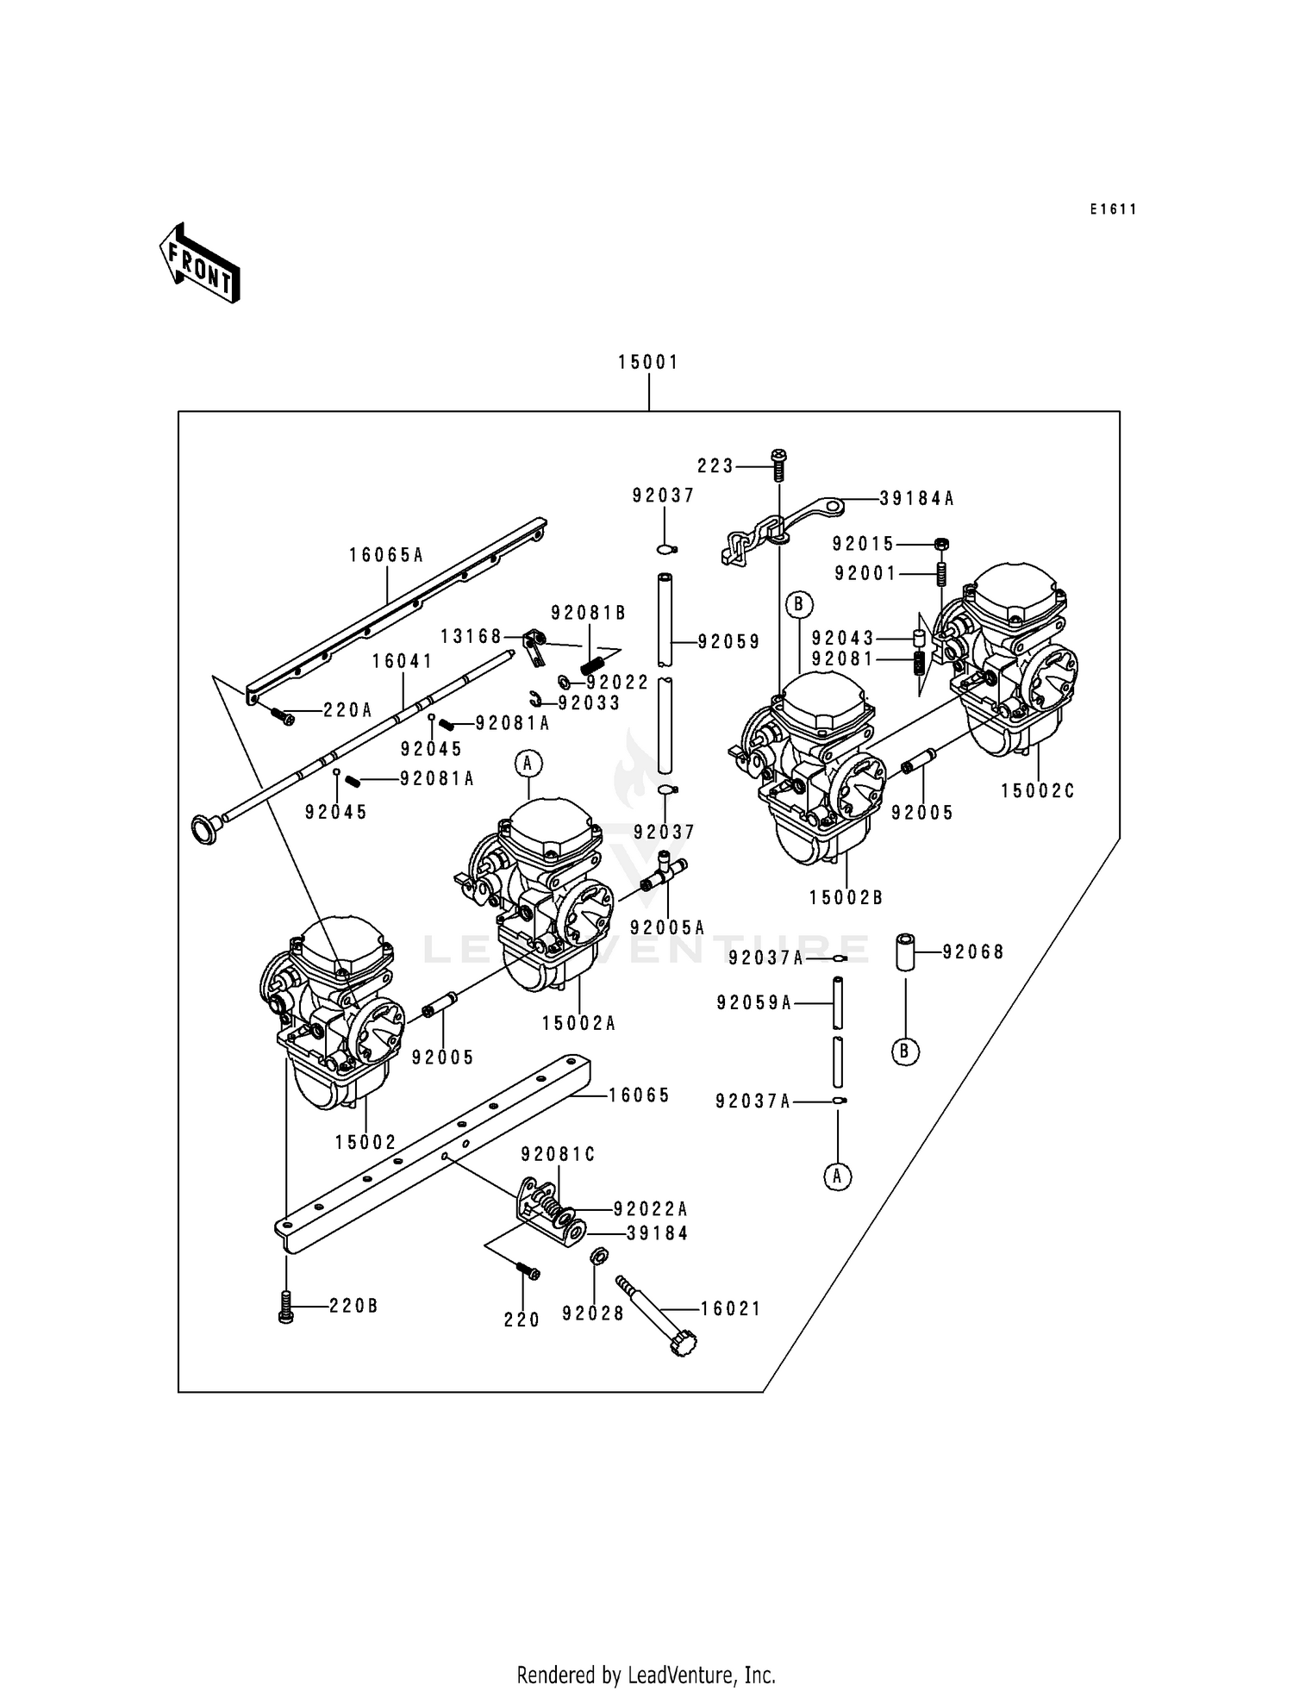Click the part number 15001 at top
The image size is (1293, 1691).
pos(648,363)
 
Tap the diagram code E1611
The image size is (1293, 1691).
pos(1113,209)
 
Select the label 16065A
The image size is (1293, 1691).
pos(386,556)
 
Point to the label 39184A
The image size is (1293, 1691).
pos(917,498)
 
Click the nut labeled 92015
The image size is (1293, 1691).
pos(941,544)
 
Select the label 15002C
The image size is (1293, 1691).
pos(1038,791)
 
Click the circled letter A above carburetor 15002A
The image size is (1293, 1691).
pos(528,763)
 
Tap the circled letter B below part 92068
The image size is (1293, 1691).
pos(905,1051)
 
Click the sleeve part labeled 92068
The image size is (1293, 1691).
pos(905,952)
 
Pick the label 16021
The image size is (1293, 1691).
pos(731,1308)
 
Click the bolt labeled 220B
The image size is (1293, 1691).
pos(286,1307)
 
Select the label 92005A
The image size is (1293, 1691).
pos(667,927)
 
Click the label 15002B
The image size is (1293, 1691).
pos(846,898)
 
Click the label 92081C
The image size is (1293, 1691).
pos(559,1155)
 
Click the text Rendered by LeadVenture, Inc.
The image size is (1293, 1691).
pos(646,1675)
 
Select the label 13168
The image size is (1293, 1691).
pos(471,637)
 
